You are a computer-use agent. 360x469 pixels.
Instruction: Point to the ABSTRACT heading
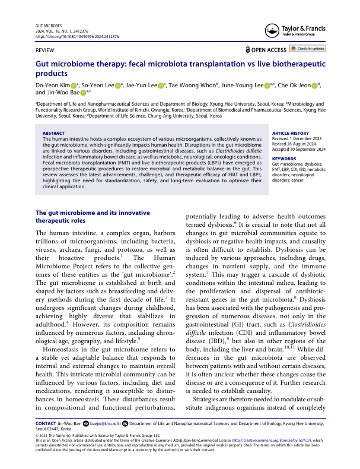click(54, 134)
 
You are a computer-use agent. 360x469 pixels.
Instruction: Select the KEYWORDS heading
click(285, 159)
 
